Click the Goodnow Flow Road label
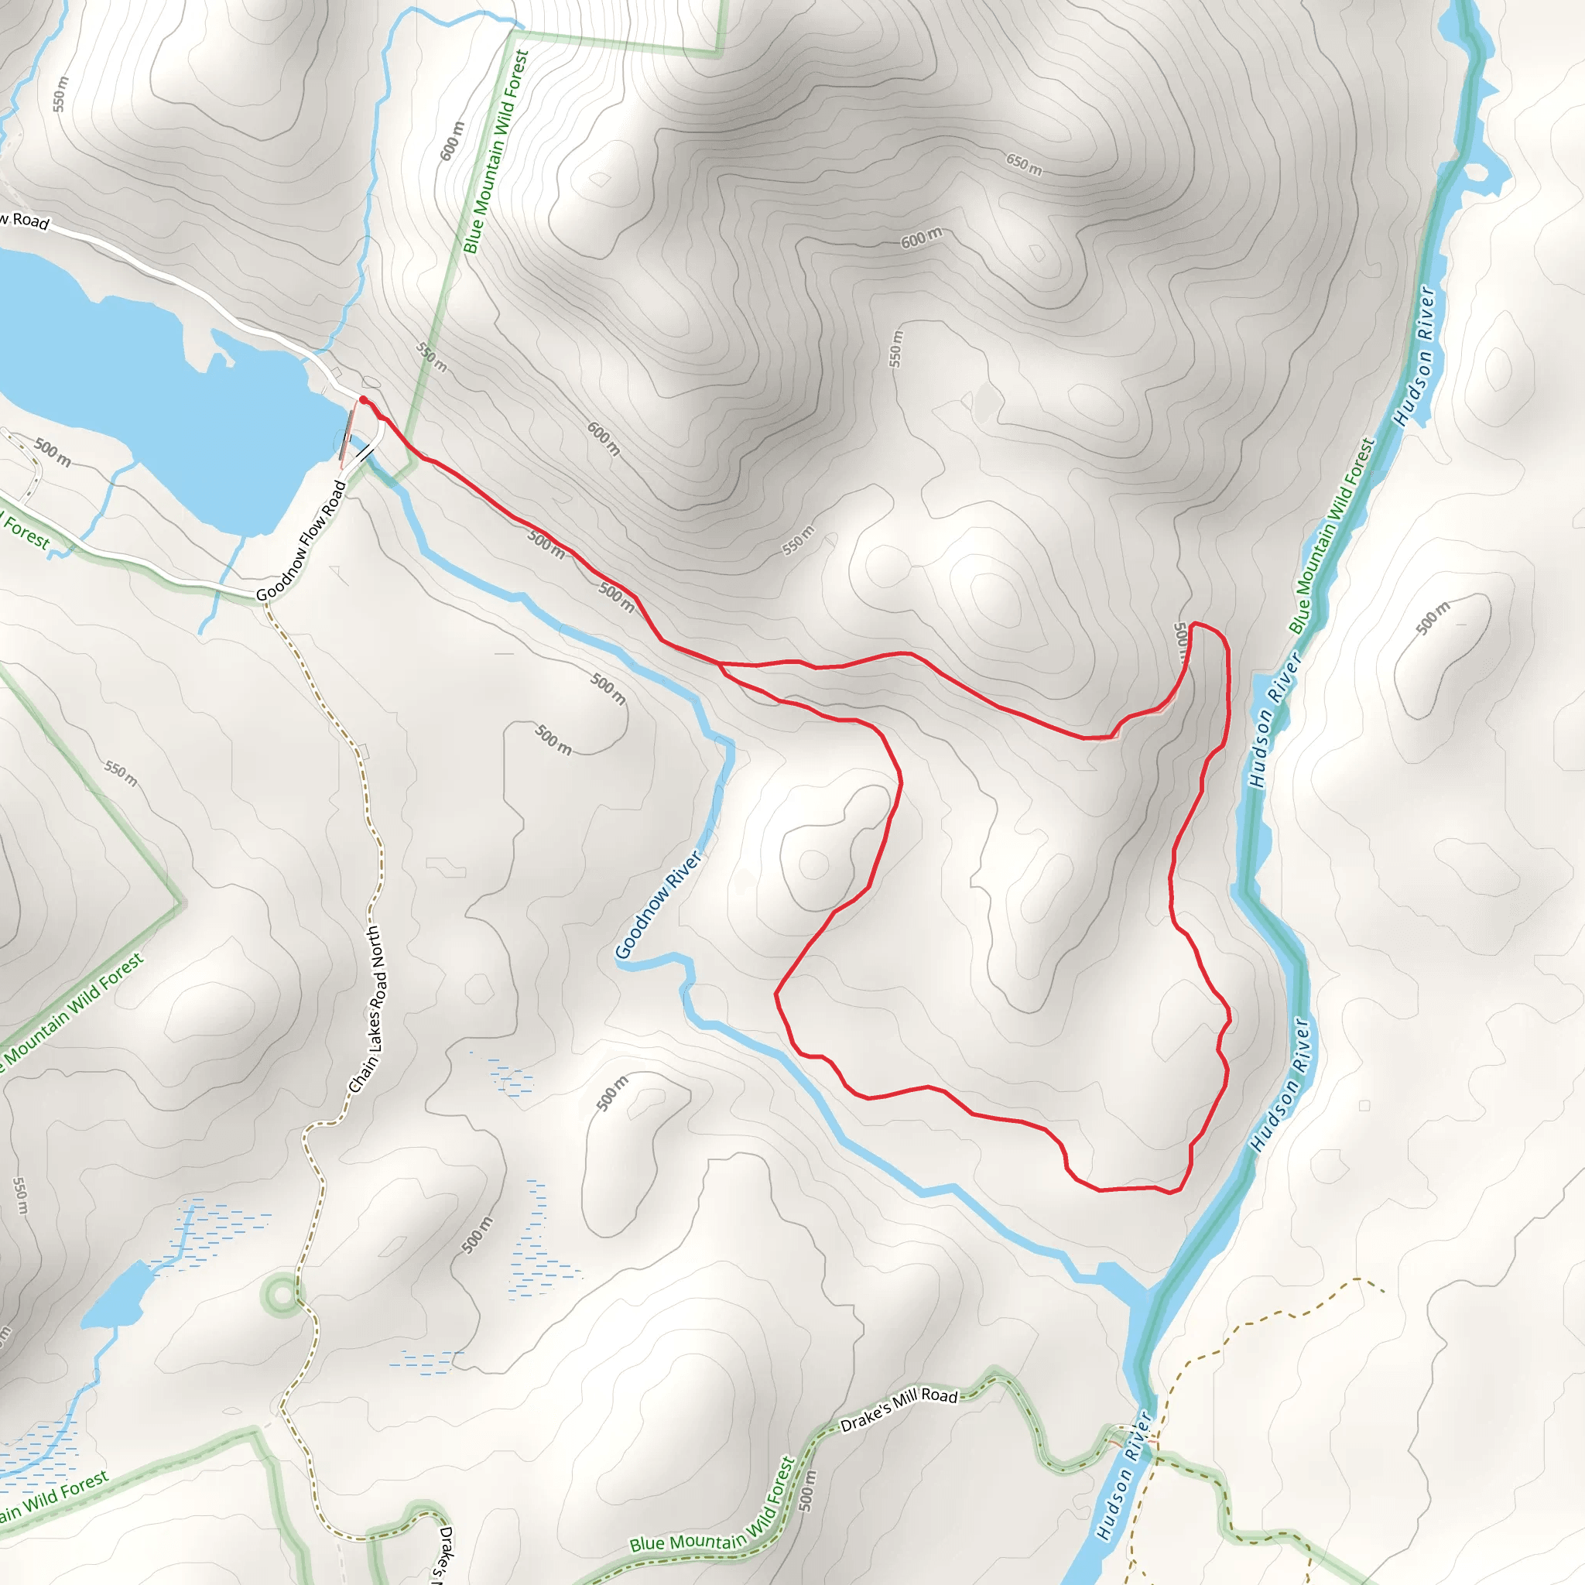click(301, 541)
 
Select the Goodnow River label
click(659, 905)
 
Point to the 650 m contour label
click(1024, 164)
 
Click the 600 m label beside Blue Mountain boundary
click(452, 141)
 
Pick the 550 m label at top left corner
click(60, 94)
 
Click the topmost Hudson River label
click(1415, 356)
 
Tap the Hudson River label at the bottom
click(1125, 1475)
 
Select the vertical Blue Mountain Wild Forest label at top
click(496, 152)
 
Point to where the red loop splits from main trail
click(720, 663)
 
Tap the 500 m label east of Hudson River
click(1433, 618)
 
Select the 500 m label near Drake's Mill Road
click(807, 1490)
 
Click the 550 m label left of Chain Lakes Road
click(121, 773)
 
